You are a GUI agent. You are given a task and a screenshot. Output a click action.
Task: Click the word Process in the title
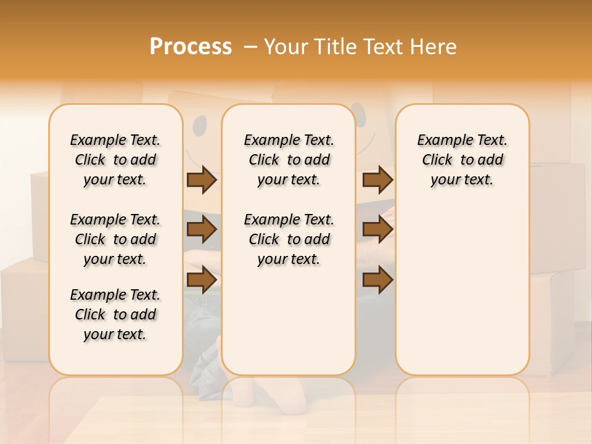[x=191, y=46]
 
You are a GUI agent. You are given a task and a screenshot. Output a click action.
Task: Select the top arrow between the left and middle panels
[x=202, y=179]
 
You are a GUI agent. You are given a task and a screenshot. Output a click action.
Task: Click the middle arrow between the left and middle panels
[x=202, y=230]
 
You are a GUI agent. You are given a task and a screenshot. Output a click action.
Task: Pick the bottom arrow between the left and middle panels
[x=202, y=280]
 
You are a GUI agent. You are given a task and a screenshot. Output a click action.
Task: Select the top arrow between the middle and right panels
[x=377, y=179]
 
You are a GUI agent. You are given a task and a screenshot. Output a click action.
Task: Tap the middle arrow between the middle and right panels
[x=377, y=230]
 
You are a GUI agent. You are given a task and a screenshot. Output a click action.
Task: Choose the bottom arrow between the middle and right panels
[x=377, y=280]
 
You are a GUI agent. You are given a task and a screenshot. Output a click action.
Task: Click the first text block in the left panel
[x=115, y=160]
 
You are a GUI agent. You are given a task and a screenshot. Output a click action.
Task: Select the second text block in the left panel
[x=115, y=239]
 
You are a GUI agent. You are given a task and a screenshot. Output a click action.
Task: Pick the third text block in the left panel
[x=115, y=314]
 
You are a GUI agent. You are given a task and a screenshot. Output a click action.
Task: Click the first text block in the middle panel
[x=289, y=160]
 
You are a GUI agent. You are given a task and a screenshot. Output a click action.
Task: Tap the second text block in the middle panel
[x=289, y=239]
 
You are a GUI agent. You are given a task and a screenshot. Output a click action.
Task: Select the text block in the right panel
[x=462, y=160]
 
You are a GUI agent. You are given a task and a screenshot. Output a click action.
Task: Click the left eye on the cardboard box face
[x=200, y=127]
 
